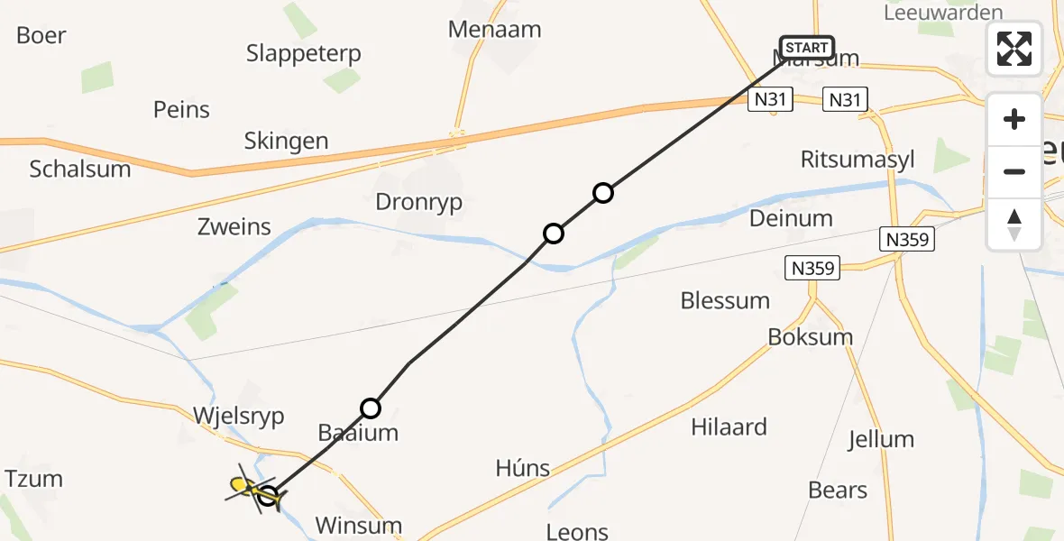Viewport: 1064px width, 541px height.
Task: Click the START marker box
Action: click(x=806, y=48)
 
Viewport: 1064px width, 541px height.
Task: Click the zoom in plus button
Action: click(x=1014, y=119)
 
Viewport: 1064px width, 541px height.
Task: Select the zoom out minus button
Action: click(x=1014, y=171)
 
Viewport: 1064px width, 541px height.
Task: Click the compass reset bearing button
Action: click(x=1014, y=225)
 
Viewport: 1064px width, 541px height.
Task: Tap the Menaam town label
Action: click(x=495, y=29)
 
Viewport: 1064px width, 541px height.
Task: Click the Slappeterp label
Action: click(x=304, y=53)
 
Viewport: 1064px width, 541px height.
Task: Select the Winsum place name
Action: click(x=359, y=525)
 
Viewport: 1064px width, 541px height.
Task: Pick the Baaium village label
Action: click(x=358, y=433)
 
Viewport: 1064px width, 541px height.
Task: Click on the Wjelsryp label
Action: click(x=239, y=417)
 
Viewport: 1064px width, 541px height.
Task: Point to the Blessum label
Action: click(x=726, y=300)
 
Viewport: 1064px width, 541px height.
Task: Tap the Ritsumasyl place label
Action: click(x=858, y=160)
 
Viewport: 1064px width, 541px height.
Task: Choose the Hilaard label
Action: click(x=729, y=426)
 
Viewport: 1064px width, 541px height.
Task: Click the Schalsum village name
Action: click(x=80, y=169)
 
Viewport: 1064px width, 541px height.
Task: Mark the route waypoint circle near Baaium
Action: click(x=371, y=408)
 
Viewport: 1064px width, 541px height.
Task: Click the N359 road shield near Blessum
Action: click(x=812, y=268)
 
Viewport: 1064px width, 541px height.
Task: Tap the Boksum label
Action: click(x=811, y=336)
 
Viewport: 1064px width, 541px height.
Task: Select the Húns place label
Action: click(x=523, y=467)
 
